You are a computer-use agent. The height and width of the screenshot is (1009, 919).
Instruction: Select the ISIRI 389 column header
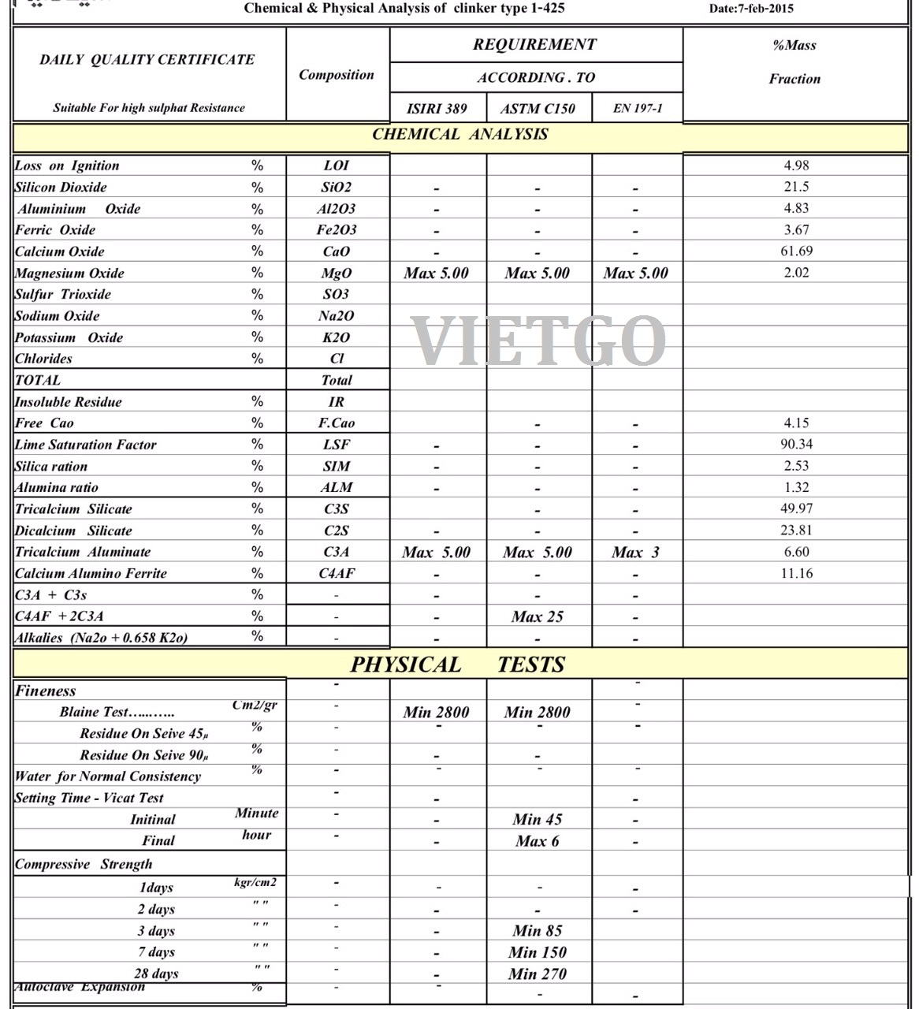(x=437, y=109)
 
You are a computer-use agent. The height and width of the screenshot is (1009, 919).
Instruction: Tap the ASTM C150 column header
(x=538, y=109)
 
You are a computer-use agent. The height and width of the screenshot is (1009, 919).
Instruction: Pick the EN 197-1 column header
(x=637, y=108)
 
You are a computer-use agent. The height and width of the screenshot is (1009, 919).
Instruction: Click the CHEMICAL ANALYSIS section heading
(x=459, y=135)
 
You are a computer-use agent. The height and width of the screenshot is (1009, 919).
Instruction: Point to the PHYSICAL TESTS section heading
(x=457, y=665)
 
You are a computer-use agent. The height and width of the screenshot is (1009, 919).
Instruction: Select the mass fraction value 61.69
(x=796, y=251)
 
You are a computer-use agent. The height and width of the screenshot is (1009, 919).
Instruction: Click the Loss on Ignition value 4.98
(x=796, y=166)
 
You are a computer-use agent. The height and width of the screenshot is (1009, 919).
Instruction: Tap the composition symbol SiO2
(x=336, y=188)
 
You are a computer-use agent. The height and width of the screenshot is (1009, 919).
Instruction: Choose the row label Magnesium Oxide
(x=69, y=274)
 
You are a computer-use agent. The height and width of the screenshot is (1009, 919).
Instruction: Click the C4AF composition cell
(x=336, y=574)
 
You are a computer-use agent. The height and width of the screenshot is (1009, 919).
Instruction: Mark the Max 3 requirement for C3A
(x=634, y=553)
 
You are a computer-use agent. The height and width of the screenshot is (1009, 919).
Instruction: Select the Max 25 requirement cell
(x=537, y=617)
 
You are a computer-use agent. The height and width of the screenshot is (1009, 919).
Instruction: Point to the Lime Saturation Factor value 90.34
(x=796, y=445)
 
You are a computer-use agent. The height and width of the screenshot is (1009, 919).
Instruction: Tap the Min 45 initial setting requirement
(x=537, y=820)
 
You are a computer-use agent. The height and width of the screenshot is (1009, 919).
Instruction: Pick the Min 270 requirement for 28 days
(x=537, y=974)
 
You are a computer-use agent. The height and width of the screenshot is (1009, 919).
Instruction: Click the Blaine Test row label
(x=117, y=712)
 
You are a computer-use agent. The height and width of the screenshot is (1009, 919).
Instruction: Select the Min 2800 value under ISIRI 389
(x=436, y=713)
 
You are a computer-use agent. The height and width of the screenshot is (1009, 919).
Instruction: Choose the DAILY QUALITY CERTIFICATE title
(x=147, y=60)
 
